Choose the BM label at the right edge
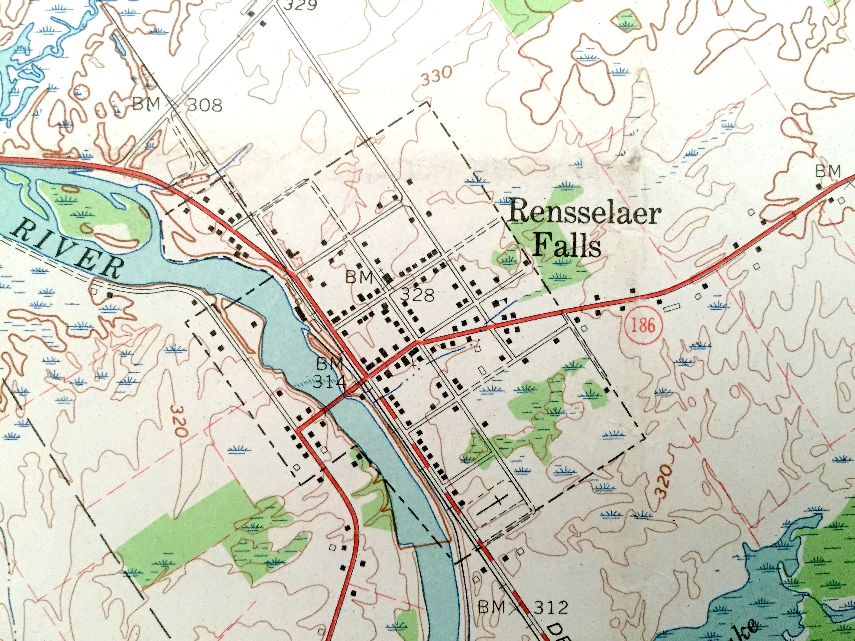click(x=828, y=171)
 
